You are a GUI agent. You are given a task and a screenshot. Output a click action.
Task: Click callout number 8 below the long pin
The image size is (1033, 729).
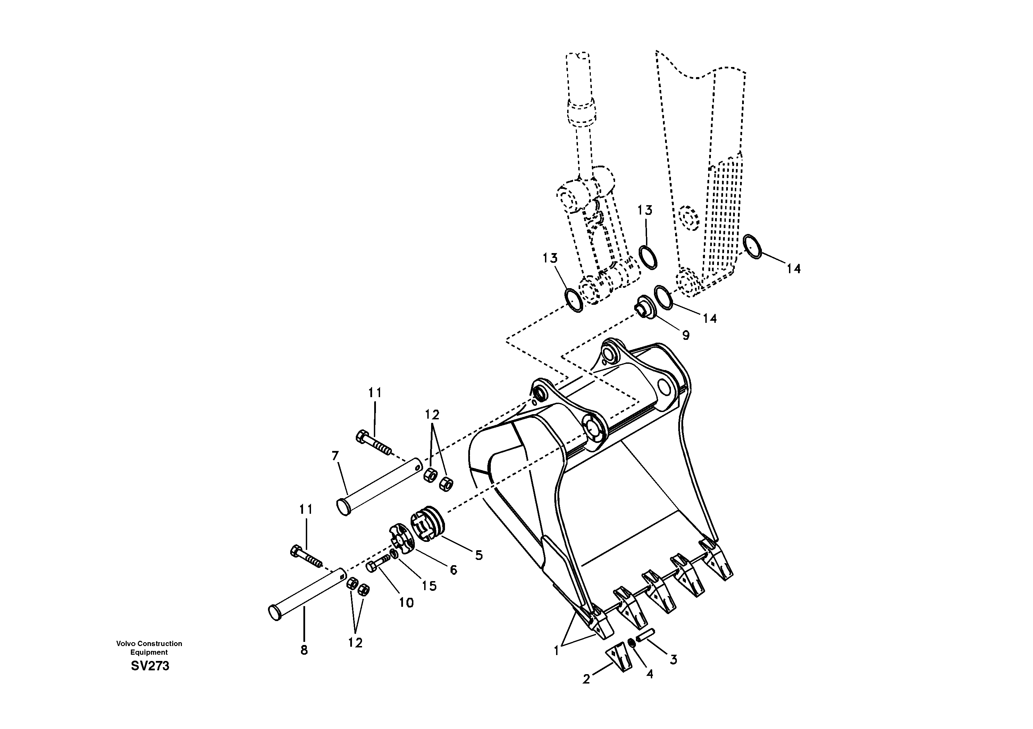[x=304, y=650]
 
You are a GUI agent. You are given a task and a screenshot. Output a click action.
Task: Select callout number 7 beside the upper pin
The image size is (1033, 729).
[x=335, y=456]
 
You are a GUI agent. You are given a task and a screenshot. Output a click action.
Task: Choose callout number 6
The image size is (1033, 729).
[x=454, y=570]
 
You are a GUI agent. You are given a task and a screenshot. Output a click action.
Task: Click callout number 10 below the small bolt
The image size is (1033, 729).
[x=406, y=603]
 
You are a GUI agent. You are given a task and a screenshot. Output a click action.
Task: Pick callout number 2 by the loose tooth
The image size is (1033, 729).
[x=586, y=679]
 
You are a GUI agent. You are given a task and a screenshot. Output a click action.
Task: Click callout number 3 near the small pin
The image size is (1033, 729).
[x=673, y=659]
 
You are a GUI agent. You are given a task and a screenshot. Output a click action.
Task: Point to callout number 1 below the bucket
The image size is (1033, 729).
[x=556, y=651]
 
